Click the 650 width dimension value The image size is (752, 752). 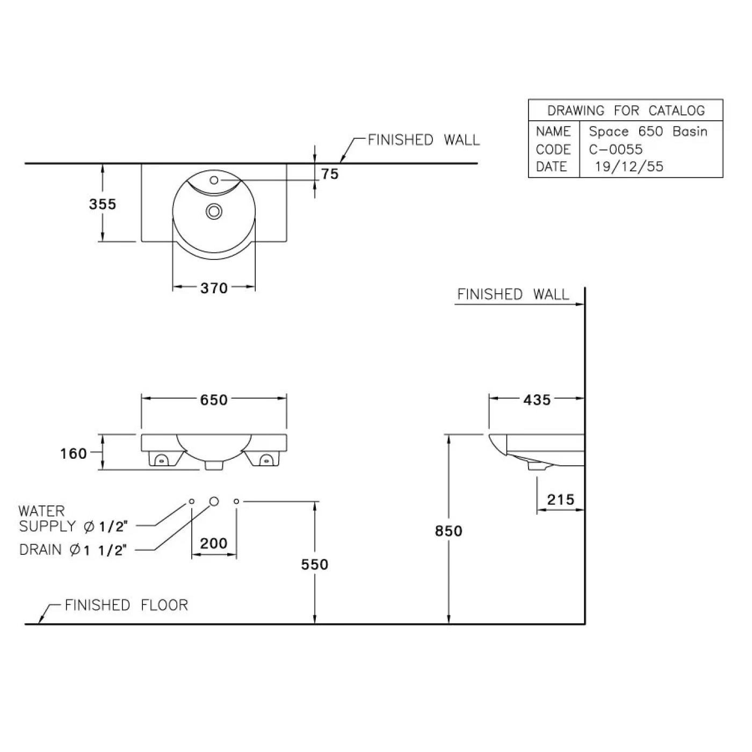[x=214, y=400]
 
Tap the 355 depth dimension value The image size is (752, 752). [x=103, y=204]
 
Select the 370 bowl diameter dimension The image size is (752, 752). [x=214, y=288]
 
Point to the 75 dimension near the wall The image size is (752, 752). [x=330, y=174]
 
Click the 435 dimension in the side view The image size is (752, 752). [x=537, y=400]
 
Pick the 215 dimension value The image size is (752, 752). [x=561, y=500]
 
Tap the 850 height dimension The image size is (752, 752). [x=449, y=531]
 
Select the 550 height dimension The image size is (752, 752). [x=315, y=565]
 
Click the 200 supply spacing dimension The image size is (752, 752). [x=214, y=544]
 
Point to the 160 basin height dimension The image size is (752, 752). [x=73, y=454]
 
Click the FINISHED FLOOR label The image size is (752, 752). [x=126, y=605]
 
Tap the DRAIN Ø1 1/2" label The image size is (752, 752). [x=73, y=550]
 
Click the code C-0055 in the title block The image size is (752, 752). [x=616, y=149]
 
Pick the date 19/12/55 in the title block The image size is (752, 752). [x=629, y=167]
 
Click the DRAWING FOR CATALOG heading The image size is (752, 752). [x=626, y=111]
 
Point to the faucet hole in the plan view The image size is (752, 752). [x=214, y=180]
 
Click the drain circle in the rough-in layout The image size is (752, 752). [x=214, y=502]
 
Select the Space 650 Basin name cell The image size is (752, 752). [x=648, y=132]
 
